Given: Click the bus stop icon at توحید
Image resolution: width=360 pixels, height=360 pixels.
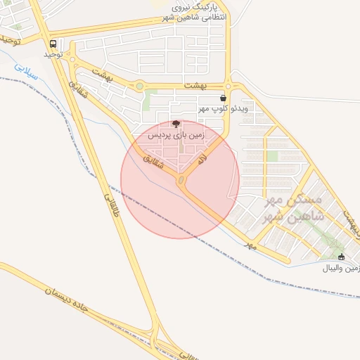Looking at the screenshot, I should coord(53,44).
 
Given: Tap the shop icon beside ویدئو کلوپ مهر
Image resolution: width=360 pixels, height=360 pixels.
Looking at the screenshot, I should coord(223,98).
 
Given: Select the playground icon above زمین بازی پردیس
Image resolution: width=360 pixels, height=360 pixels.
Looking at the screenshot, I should coord(176,123).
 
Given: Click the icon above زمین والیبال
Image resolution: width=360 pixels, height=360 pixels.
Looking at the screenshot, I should coord(342,257).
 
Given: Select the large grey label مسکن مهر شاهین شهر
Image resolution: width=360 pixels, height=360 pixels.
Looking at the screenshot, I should coord(293,209).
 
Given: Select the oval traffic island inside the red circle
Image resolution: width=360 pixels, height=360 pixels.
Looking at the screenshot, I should coord(182,181).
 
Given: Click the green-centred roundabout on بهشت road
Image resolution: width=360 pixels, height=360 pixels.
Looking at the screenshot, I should coord(139,86).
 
